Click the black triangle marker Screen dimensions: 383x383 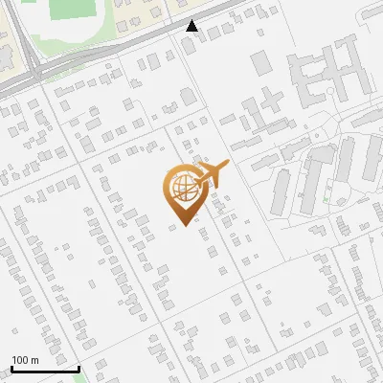(x=192, y=26)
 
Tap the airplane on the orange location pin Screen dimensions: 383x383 (x=207, y=177)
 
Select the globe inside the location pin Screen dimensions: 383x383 (x=181, y=187)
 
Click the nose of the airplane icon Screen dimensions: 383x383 (x=227, y=167)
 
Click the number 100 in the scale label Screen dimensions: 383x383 (x=20, y=360)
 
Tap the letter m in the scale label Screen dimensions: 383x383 (x=34, y=360)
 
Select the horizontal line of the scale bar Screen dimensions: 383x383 (x=43, y=369)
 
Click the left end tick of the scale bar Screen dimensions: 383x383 (x=11, y=366)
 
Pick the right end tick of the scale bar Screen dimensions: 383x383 (x=78, y=366)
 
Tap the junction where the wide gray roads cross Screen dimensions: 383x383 (x=34, y=72)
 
